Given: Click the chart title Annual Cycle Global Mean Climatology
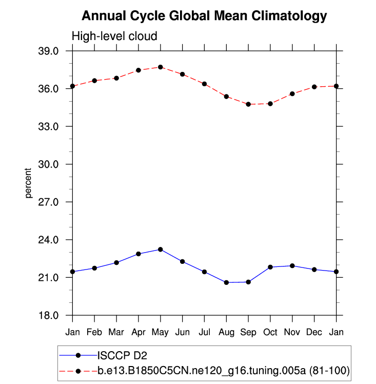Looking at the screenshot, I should coord(204,16).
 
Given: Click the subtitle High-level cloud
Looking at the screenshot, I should coord(114,36).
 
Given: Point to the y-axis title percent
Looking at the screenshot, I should coord(29,183).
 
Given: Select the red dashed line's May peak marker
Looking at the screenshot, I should coord(161,67).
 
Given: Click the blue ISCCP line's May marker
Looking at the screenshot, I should coord(161,249).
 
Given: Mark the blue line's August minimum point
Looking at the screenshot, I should coord(226,282).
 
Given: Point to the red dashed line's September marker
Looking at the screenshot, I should coord(248,104).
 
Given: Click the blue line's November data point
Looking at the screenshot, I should coord(292,266).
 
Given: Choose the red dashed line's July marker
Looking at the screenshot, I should coord(204,84).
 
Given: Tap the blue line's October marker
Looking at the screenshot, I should coord(270,267).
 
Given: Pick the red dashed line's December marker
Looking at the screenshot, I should coord(314,87).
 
